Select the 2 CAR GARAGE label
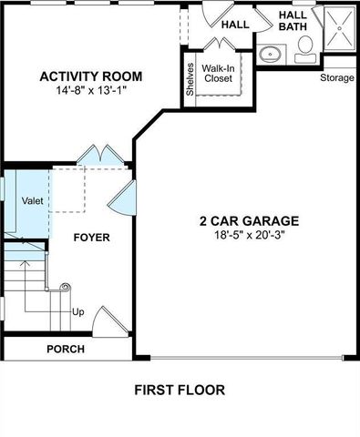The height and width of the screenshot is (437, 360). (x=249, y=220)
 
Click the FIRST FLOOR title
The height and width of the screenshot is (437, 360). (x=180, y=391)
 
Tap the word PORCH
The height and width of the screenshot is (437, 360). (x=66, y=349)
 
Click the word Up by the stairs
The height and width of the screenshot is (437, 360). (x=78, y=312)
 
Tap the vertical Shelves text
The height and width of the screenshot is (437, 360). (x=190, y=79)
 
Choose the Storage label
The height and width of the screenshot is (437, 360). (x=336, y=78)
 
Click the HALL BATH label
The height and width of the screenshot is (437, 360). (x=293, y=21)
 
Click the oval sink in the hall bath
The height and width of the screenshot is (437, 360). (x=270, y=54)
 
